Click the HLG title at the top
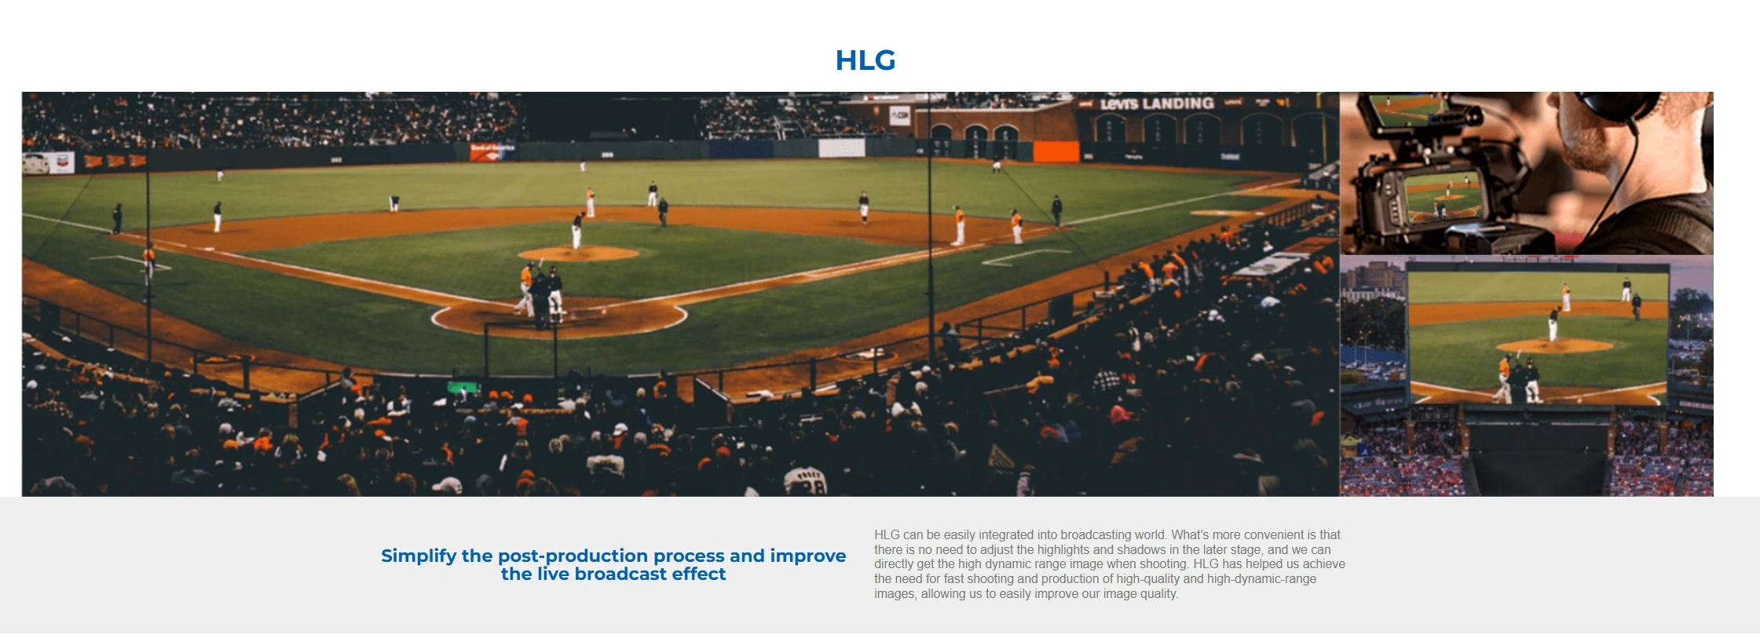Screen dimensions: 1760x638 coord(865,60)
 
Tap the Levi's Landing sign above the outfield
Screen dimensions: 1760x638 coord(1157,104)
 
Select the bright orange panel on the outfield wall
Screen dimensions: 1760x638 coord(1056,151)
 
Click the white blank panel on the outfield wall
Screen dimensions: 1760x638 coord(842,148)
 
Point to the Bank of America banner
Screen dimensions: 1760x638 coord(492,151)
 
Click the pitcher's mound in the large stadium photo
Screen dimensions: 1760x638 coord(579,253)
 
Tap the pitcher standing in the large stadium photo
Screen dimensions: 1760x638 coord(577,232)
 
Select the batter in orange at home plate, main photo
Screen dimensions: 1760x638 coord(525,288)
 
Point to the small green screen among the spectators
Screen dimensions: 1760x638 coord(463,387)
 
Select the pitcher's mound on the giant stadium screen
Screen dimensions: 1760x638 coord(1555,345)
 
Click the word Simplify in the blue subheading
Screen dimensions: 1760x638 coord(419,556)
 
